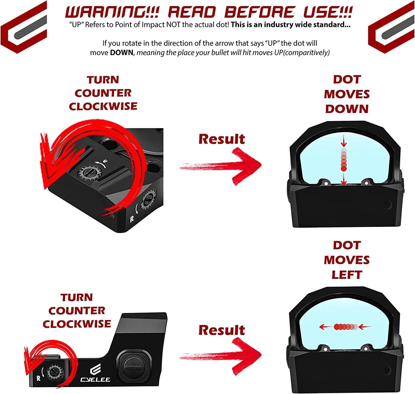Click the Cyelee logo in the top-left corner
click(24, 27)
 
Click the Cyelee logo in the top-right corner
click(391, 27)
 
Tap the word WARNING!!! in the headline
click(112, 12)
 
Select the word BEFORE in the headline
click(259, 12)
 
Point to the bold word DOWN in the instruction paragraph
click(121, 53)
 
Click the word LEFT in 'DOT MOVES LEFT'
click(347, 275)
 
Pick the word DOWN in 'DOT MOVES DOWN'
click(347, 109)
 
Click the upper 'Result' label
click(222, 139)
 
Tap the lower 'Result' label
click(222, 330)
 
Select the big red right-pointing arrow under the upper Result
click(221, 166)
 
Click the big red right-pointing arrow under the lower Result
click(221, 356)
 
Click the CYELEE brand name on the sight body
click(95, 379)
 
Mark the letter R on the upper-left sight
click(132, 220)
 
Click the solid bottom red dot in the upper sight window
click(344, 168)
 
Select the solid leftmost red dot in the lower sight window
click(337, 327)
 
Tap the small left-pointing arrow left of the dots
click(325, 327)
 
